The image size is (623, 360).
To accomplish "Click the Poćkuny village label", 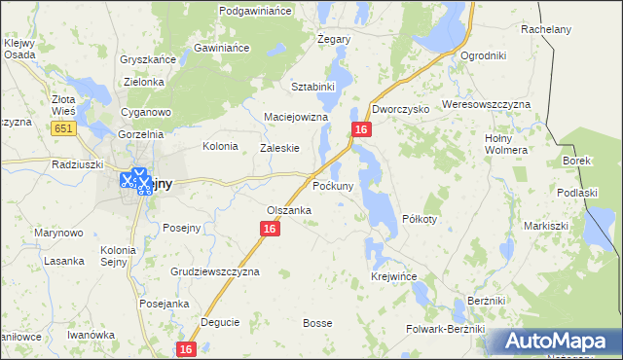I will (339, 184).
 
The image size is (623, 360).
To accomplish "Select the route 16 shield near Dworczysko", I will (361, 129).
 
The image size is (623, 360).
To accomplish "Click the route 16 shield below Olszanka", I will (270, 229).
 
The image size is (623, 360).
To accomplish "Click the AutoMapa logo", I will (553, 342).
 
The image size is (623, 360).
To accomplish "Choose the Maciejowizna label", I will (297, 117).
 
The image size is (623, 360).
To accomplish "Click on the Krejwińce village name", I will (394, 277).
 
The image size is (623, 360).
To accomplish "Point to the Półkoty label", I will (420, 219).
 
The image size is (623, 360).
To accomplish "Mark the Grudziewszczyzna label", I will (215, 271).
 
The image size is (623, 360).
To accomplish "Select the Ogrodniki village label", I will (484, 55).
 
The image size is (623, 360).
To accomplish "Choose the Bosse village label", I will (317, 323).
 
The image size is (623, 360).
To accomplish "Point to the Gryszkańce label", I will (147, 59).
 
